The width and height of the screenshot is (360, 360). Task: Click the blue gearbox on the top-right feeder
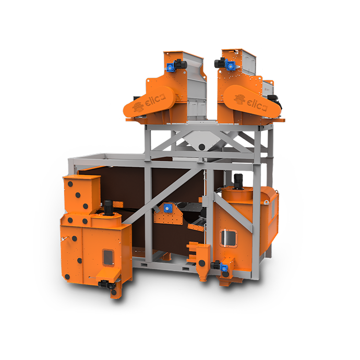click(230, 64)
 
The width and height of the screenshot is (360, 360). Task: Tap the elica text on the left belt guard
click(155, 100)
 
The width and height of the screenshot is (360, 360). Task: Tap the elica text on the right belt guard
click(257, 105)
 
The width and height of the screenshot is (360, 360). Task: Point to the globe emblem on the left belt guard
click(138, 107)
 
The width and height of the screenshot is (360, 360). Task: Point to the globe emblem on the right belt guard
click(239, 100)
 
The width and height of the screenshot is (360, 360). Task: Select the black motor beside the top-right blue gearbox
click(220, 63)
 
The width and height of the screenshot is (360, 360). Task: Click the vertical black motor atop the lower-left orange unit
click(109, 208)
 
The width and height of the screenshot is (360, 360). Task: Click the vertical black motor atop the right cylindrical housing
click(238, 182)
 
